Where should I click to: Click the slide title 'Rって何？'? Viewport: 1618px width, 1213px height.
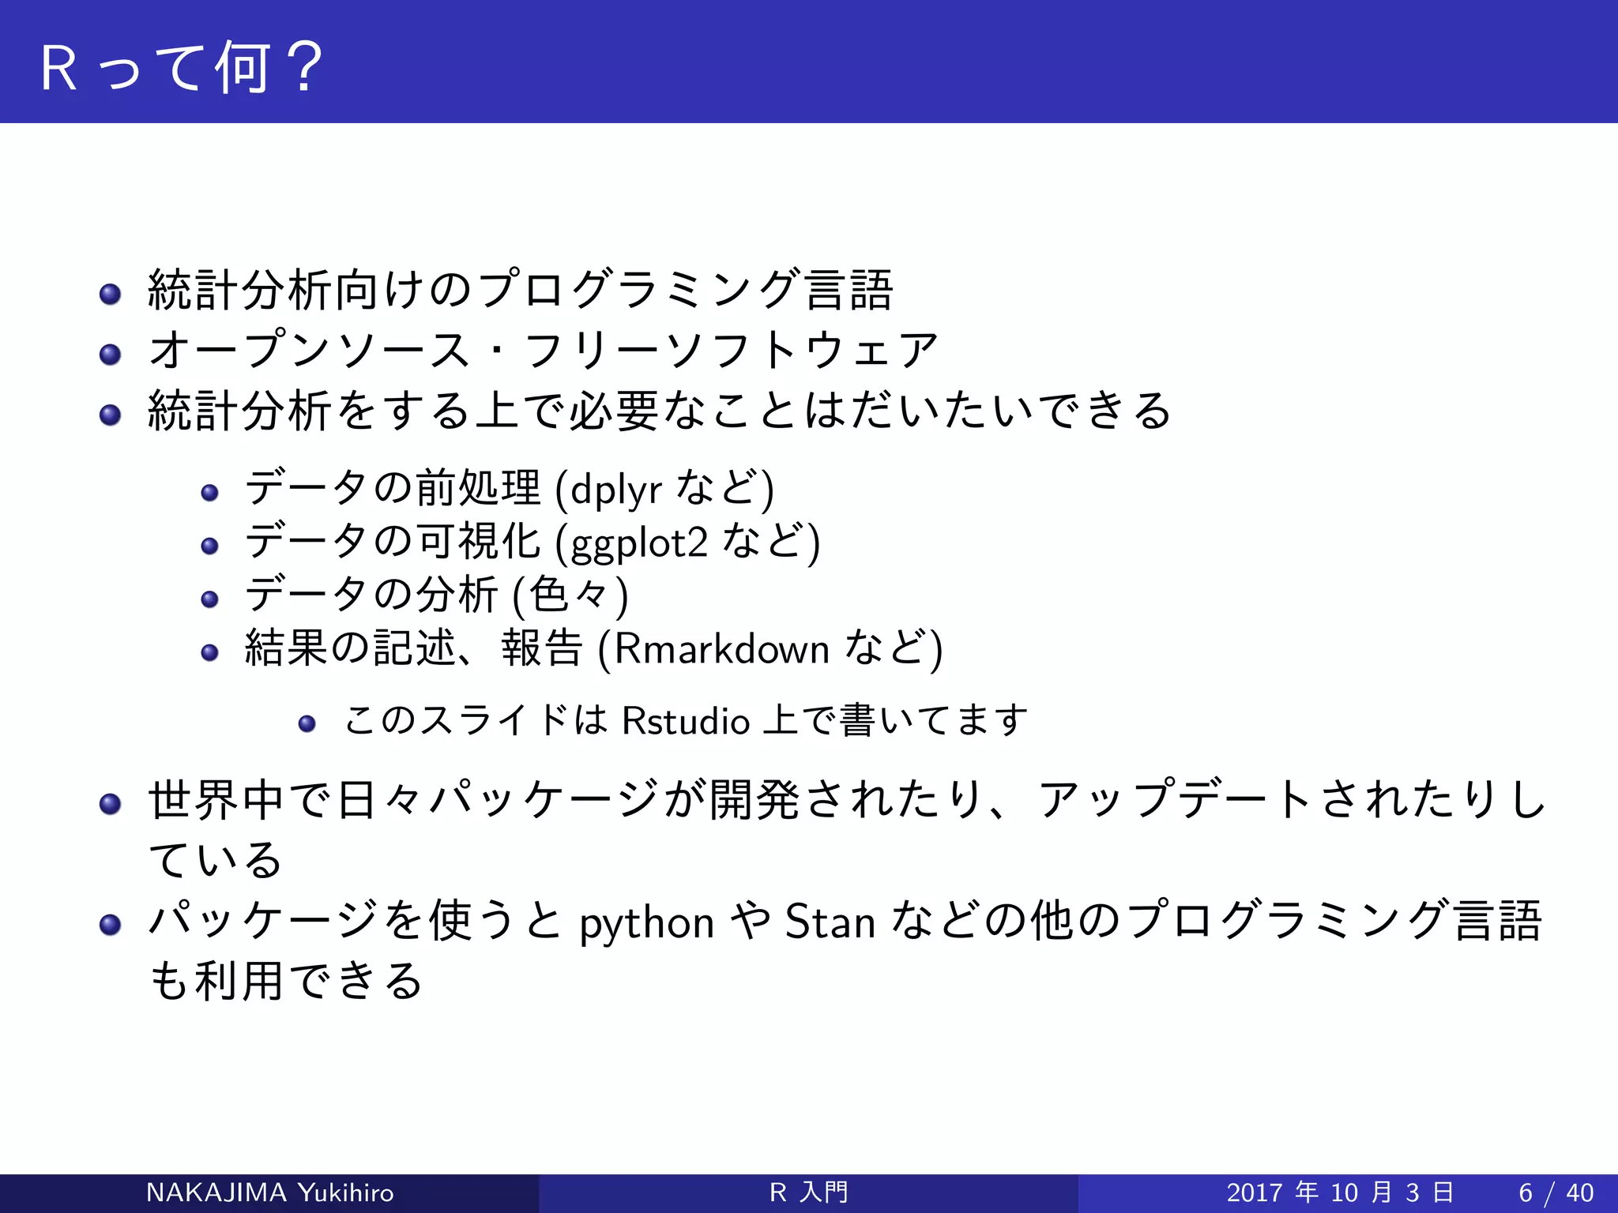182,68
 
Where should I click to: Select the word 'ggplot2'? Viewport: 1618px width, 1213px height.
638,543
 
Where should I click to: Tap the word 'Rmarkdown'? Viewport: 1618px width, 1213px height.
721,649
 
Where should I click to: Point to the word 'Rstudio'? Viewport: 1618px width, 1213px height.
686,721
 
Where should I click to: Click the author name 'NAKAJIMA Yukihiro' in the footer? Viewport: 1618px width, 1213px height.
269,1192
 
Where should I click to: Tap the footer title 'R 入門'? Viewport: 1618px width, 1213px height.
808,1192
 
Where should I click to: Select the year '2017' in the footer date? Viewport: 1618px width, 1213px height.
1255,1192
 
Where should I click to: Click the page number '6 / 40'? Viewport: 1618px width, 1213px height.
1556,1192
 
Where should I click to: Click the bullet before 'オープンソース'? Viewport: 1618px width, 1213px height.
110,354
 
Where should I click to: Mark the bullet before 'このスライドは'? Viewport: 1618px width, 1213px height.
307,723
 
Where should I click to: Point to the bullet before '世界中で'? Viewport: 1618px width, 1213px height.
110,804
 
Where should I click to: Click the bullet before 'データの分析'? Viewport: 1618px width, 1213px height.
209,599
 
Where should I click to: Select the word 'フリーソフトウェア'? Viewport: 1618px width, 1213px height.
731,351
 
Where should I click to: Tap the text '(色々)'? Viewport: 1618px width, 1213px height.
570,595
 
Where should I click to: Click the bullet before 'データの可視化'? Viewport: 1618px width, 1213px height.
209,546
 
